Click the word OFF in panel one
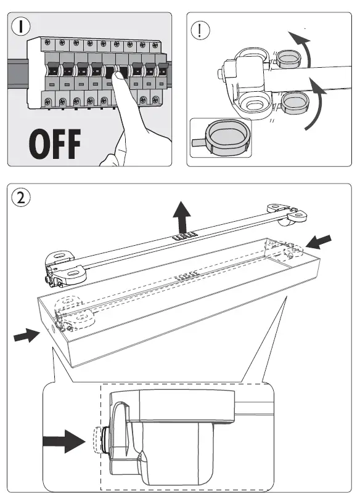(55, 144)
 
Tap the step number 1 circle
(21, 26)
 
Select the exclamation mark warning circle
(200, 30)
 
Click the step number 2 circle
(21, 198)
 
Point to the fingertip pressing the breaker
(118, 76)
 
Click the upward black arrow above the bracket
(182, 217)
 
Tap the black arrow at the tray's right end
(319, 241)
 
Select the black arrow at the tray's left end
(27, 335)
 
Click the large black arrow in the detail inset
(64, 441)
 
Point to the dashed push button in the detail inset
(97, 441)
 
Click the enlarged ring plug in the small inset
(227, 137)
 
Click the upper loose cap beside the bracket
(288, 59)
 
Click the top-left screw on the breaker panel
(47, 42)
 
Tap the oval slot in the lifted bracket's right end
(298, 214)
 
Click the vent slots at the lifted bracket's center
(184, 237)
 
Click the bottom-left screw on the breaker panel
(48, 101)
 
